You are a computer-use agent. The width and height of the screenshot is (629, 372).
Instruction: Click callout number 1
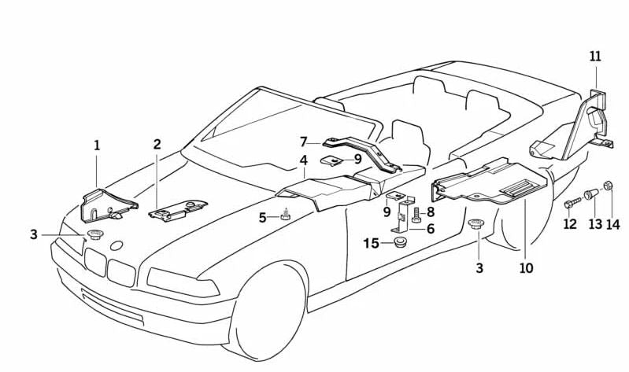click(x=97, y=145)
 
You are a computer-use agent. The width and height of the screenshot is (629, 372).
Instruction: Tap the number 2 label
click(x=157, y=145)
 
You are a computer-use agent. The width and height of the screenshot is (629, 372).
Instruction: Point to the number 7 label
click(x=303, y=142)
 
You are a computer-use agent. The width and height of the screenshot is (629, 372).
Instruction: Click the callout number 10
click(x=526, y=268)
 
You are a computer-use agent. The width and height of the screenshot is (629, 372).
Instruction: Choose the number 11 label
click(x=594, y=57)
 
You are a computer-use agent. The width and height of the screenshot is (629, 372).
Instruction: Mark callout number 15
click(x=371, y=244)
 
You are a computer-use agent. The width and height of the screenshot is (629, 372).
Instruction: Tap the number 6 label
click(x=431, y=229)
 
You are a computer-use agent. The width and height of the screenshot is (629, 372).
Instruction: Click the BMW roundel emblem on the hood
click(x=117, y=245)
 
